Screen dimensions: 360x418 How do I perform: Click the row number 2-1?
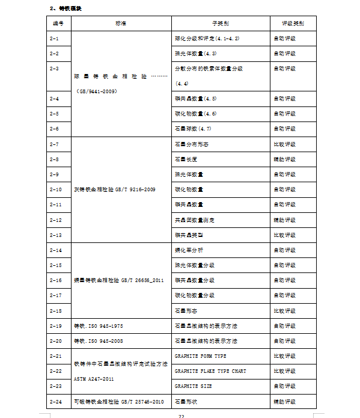point(54,38)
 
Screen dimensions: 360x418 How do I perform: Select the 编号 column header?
point(58,23)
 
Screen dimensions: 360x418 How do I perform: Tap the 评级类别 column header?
point(293,23)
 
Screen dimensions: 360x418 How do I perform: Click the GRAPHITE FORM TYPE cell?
point(200,356)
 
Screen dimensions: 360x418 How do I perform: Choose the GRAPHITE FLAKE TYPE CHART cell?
point(210,371)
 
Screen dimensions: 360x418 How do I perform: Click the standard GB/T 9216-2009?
point(114,189)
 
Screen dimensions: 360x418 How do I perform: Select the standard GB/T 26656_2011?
point(118,280)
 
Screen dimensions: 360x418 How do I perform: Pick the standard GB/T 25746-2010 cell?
point(118,401)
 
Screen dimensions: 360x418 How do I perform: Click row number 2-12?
point(55,220)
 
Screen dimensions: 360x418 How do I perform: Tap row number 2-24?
point(55,401)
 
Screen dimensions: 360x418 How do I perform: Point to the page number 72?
point(181,415)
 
